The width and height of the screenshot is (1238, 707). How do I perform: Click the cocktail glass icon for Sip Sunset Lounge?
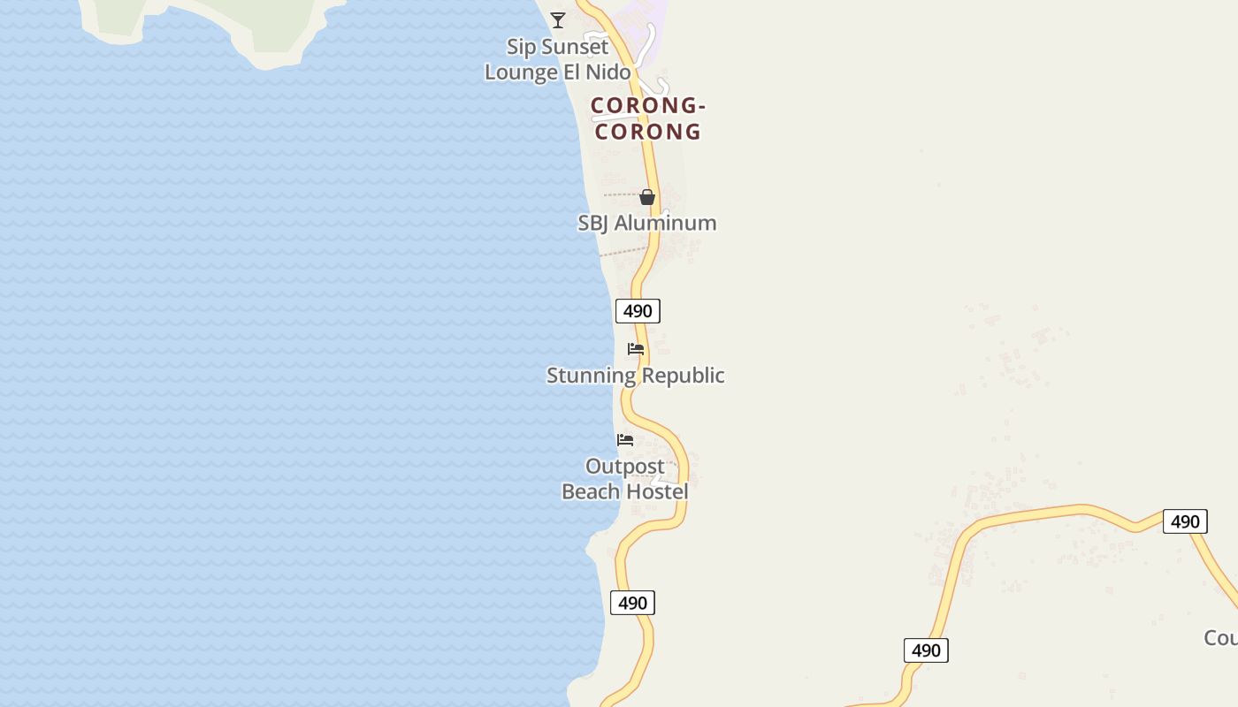pos(558,19)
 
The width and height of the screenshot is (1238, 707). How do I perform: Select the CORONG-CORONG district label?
pos(647,118)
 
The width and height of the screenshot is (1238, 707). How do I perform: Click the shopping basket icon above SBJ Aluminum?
pos(647,197)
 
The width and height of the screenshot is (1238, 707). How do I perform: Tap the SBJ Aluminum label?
pos(647,223)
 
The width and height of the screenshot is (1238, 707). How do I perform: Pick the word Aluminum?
pos(665,223)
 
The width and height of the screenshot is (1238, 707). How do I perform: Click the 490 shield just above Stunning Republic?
pos(638,311)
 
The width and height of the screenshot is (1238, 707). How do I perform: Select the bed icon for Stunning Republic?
pos(636,349)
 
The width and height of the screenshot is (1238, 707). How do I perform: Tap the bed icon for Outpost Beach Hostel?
pos(625,440)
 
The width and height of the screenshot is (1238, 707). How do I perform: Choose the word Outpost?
pos(625,467)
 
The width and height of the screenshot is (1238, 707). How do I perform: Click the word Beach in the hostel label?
pos(591,491)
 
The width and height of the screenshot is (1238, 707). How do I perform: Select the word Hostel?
pos(657,491)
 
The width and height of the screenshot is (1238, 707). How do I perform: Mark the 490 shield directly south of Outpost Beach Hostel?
pos(632,603)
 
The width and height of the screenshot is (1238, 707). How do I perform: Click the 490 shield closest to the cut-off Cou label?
pos(1185,521)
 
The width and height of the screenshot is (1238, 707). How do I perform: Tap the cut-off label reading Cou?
pos(1221,637)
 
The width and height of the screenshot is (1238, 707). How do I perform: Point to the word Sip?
pos(522,46)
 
